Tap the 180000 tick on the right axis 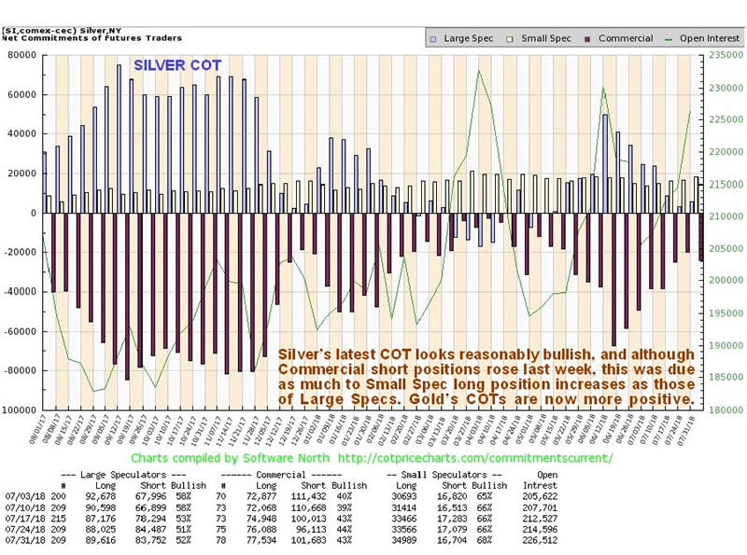[x=718, y=409]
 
